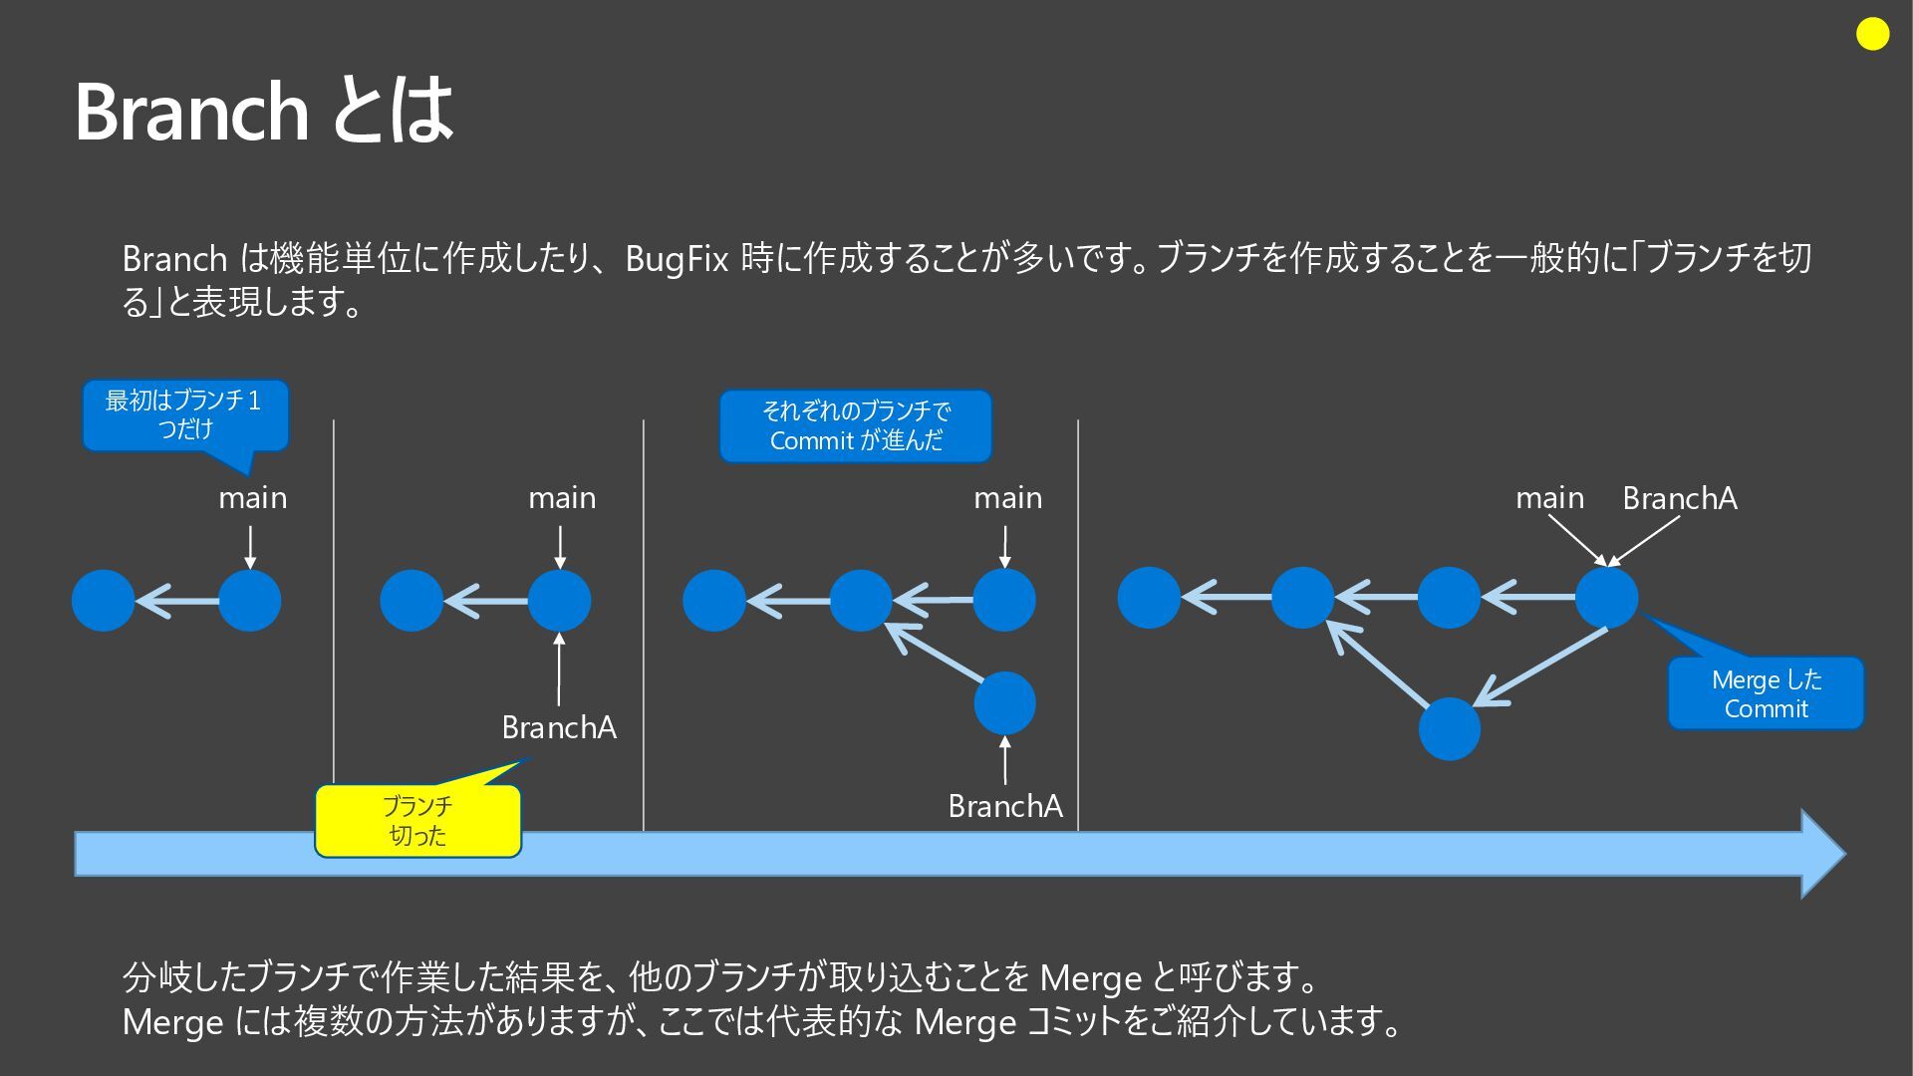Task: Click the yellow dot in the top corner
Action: coord(1872,35)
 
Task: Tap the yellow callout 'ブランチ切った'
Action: coord(417,821)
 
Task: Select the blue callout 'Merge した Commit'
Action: coord(1766,693)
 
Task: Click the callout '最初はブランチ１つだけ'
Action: coord(185,414)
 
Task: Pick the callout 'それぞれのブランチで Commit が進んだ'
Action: coord(855,426)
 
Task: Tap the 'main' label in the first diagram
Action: coord(253,497)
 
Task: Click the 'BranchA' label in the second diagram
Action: coord(559,728)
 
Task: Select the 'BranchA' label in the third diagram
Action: coord(1005,806)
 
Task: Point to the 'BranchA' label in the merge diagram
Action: coord(1679,498)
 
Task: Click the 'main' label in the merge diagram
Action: coord(1549,497)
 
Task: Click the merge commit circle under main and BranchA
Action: coord(1606,598)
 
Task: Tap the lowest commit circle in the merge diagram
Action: coord(1449,728)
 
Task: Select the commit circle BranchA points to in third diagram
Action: coord(1004,702)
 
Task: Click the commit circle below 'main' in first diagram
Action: coord(250,600)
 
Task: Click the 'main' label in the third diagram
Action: coord(1007,497)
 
